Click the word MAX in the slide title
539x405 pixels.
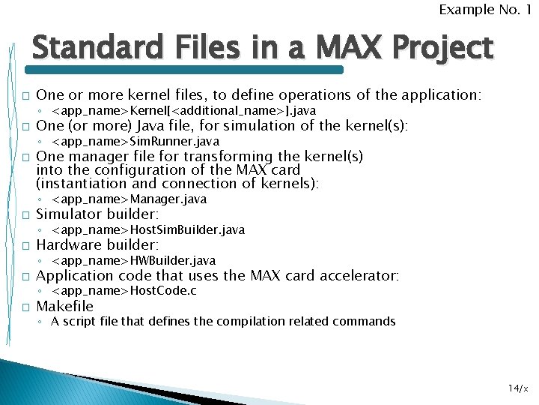coord(341,48)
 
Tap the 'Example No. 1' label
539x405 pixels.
coord(484,10)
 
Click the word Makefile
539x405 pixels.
coord(65,306)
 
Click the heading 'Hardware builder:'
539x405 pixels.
coord(97,244)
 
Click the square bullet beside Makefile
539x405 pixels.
coord(25,307)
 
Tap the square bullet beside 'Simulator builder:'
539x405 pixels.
coord(25,215)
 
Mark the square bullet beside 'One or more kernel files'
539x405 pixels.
coord(25,96)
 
